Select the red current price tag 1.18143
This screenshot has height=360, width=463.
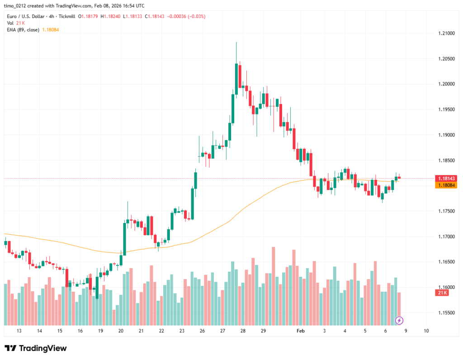click(445, 179)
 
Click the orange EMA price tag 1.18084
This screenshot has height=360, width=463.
click(445, 185)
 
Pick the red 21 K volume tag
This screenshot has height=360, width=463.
click(442, 293)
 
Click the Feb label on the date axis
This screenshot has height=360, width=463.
click(301, 331)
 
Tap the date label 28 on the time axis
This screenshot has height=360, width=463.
click(243, 331)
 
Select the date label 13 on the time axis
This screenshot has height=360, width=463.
click(19, 331)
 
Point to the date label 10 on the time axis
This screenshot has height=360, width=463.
click(426, 331)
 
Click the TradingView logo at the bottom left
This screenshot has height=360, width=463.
click(36, 348)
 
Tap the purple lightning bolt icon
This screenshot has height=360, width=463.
click(399, 321)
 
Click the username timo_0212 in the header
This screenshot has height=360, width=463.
click(18, 6)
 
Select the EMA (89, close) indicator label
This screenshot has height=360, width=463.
click(23, 30)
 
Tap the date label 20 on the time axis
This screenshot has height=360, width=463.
click(121, 331)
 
